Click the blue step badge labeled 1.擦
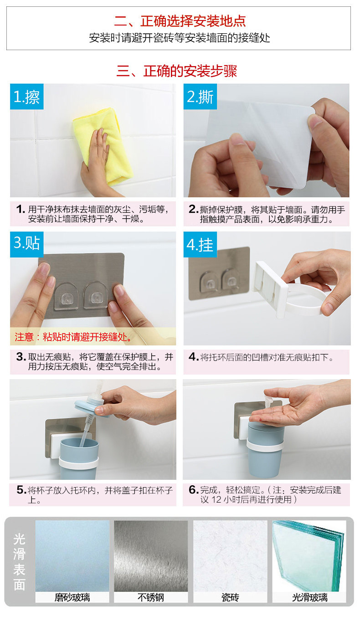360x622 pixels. click(x=27, y=96)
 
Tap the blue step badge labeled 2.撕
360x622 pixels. click(x=200, y=96)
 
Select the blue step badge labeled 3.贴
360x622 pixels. click(x=27, y=244)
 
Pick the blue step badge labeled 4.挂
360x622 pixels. click(x=200, y=244)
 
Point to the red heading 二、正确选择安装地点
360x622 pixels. click(x=180, y=21)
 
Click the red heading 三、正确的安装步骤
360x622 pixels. click(x=177, y=71)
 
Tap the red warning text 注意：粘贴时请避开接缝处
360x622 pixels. click(x=73, y=337)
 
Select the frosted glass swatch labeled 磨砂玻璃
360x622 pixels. click(x=72, y=559)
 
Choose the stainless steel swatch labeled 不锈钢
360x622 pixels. click(x=151, y=559)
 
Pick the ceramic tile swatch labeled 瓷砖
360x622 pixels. click(x=230, y=559)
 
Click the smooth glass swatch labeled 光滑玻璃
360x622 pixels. click(x=309, y=559)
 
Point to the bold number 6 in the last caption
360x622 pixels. click(x=192, y=489)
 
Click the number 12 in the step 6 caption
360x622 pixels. click(x=216, y=499)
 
